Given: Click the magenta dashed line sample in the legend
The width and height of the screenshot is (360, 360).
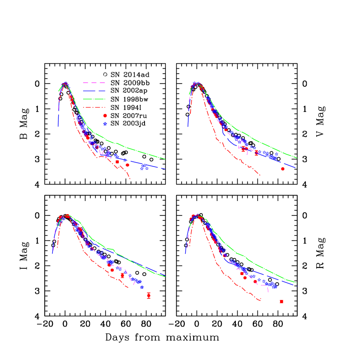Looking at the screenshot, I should [x=94, y=83].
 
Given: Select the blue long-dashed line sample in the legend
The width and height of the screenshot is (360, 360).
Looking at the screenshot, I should [x=94, y=91].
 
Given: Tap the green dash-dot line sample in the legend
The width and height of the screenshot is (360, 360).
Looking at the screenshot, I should [x=94, y=99].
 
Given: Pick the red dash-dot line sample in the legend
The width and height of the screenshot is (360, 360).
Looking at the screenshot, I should [x=94, y=108].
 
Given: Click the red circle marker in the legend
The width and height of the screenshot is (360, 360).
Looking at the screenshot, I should [x=105, y=116].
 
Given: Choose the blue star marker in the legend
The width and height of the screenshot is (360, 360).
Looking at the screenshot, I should [x=105, y=124].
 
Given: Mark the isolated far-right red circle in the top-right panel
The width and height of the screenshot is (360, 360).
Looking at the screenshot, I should [x=283, y=169].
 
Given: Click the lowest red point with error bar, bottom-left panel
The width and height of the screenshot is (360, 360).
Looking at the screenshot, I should [x=149, y=295].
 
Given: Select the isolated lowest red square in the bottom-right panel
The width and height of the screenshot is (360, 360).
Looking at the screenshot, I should [x=281, y=302].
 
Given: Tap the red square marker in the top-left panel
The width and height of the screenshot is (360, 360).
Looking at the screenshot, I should [x=117, y=162].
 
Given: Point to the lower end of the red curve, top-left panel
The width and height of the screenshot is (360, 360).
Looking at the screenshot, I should [x=131, y=179].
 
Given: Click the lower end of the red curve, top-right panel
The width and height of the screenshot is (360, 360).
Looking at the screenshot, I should [x=260, y=175].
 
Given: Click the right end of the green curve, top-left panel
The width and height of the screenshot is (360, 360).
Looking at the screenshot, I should [x=165, y=159].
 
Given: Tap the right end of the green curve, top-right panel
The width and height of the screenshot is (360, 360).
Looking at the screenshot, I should [x=297, y=158].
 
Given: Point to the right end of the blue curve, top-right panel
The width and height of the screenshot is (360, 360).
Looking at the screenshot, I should [x=296, y=168].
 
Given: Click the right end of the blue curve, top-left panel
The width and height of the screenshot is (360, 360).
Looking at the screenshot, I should [x=166, y=169].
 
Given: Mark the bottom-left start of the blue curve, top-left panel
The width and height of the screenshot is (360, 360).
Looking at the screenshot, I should [x=58, y=127].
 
